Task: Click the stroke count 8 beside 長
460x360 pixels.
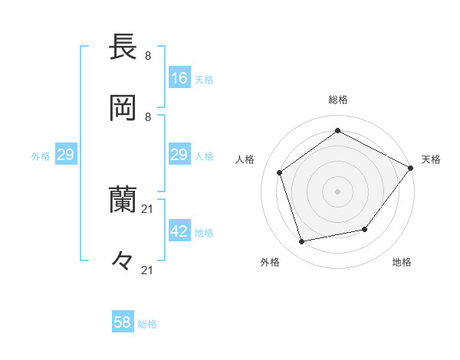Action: (148, 55)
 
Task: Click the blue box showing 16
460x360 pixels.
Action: (179, 78)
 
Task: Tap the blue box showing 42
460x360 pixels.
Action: (179, 231)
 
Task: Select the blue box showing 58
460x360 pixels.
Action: (123, 322)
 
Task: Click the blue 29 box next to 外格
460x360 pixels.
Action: (65, 155)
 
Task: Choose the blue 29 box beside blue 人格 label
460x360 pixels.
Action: (179, 155)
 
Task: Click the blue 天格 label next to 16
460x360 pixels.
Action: (204, 79)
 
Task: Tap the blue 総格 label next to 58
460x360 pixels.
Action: (147, 323)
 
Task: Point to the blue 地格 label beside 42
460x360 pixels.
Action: (204, 232)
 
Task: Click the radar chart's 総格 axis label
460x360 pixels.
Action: (337, 100)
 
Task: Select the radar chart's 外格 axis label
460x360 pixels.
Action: (270, 262)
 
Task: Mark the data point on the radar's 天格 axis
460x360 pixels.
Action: (411, 167)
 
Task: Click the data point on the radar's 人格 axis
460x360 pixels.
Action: (280, 172)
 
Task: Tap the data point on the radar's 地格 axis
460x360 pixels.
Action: (365, 229)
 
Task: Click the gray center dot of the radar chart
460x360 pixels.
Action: (337, 191)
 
